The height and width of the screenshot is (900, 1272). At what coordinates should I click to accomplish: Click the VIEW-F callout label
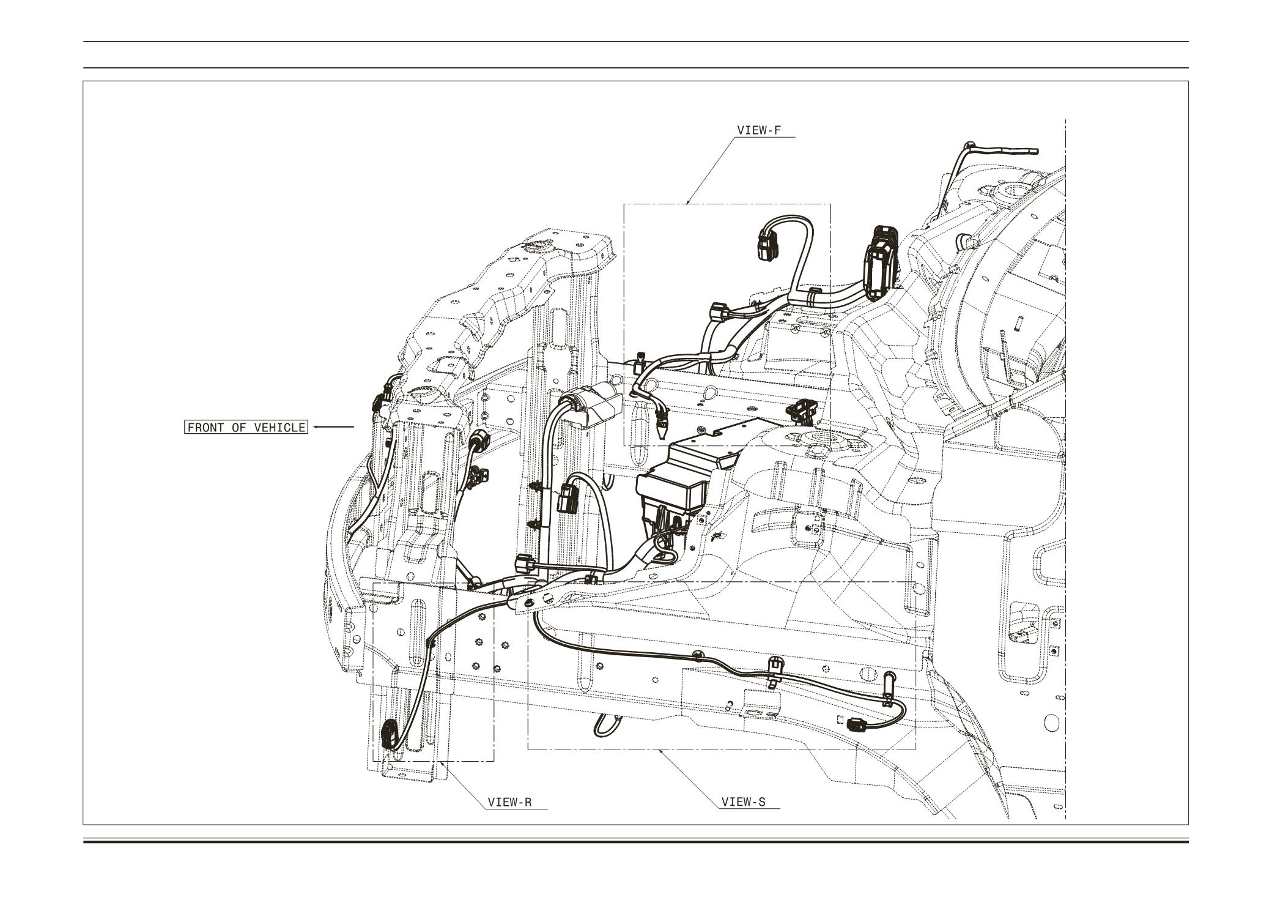[759, 130]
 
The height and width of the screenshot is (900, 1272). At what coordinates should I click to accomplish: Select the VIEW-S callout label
[743, 802]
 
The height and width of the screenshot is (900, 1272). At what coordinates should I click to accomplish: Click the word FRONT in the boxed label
[206, 427]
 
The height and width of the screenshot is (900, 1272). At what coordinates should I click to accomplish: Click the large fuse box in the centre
[679, 483]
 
